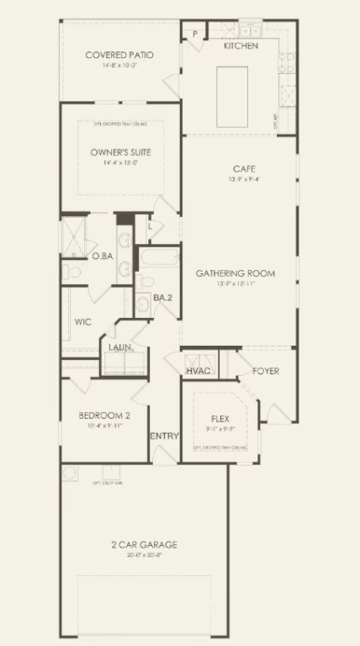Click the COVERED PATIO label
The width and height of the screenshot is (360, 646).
coord(119,56)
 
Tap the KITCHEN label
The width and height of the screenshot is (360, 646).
coord(241,45)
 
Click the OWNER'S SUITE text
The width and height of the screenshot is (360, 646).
coord(120,152)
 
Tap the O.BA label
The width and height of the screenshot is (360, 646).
coord(103,256)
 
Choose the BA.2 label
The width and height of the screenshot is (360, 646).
coord(162,298)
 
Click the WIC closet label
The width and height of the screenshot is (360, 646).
coord(82,322)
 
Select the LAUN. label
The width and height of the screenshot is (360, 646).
coord(119,347)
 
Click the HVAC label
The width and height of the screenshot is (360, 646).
coord(199,371)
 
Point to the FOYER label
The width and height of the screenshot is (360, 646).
coord(266,371)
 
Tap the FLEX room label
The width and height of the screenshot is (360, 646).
coord(220,418)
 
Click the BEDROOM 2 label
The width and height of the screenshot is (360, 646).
coord(104,416)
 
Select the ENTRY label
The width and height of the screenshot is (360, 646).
coord(163,436)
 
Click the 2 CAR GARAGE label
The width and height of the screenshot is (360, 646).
coord(144,544)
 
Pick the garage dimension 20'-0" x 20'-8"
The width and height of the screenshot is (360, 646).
coord(144,555)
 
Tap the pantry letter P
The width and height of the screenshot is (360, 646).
coord(194,34)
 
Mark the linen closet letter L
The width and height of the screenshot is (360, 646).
coord(149,225)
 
